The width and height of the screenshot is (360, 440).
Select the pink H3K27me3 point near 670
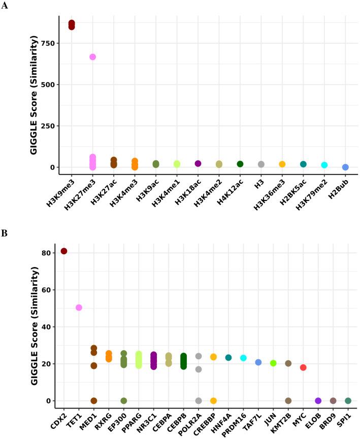point(92,57)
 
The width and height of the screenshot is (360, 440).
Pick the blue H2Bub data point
point(345,167)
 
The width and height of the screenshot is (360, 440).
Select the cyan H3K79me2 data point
point(324,165)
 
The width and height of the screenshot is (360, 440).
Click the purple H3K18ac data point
point(198,163)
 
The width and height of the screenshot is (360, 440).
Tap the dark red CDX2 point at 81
point(64,251)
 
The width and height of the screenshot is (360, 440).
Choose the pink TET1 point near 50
point(79,308)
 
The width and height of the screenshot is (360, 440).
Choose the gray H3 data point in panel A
point(261,164)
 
